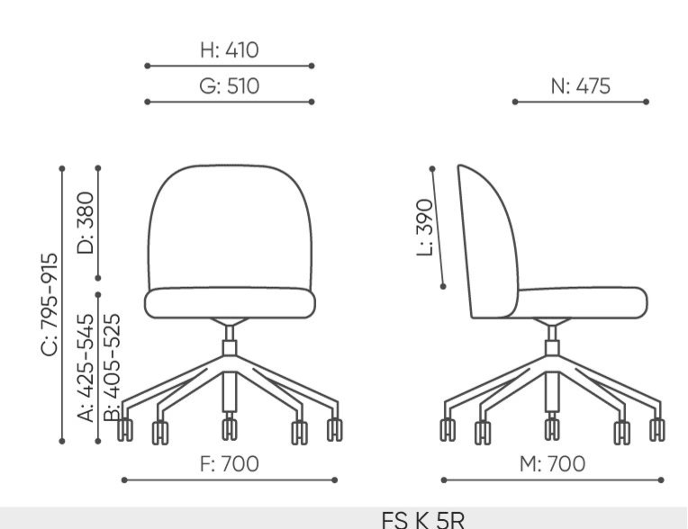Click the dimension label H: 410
point(229,50)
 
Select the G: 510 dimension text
point(229,85)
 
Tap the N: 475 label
point(581,85)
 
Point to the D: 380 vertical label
point(86,222)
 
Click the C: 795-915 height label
point(50,304)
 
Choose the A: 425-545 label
point(86,368)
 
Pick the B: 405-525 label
point(112,368)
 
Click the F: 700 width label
point(230,463)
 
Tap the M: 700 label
point(552,463)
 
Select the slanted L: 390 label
point(425,227)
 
